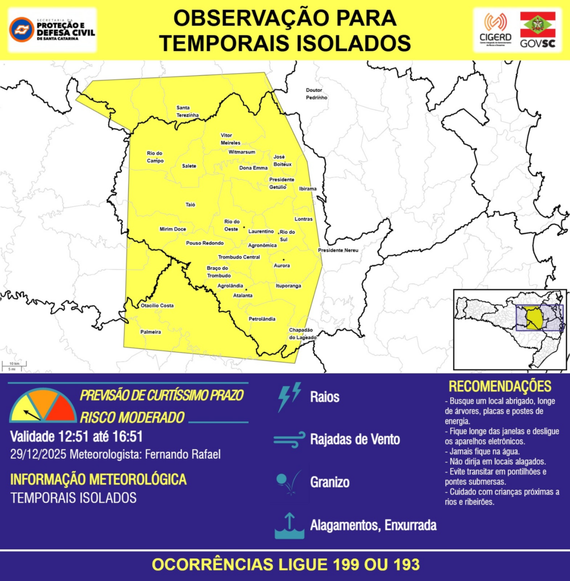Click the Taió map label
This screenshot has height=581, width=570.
(x=190, y=204)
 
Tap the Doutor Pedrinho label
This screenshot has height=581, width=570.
(x=316, y=94)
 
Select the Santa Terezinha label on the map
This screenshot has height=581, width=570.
(x=187, y=111)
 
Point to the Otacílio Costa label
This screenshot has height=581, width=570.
(x=157, y=306)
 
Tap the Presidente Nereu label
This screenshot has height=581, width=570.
(x=338, y=250)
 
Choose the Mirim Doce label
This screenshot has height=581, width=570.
(x=172, y=229)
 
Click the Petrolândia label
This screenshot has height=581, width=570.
(x=262, y=319)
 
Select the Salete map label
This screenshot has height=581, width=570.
(x=189, y=166)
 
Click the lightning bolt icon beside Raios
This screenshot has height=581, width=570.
(x=289, y=397)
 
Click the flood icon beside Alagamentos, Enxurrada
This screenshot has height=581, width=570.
(x=289, y=525)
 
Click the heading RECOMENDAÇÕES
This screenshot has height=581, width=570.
(x=500, y=386)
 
